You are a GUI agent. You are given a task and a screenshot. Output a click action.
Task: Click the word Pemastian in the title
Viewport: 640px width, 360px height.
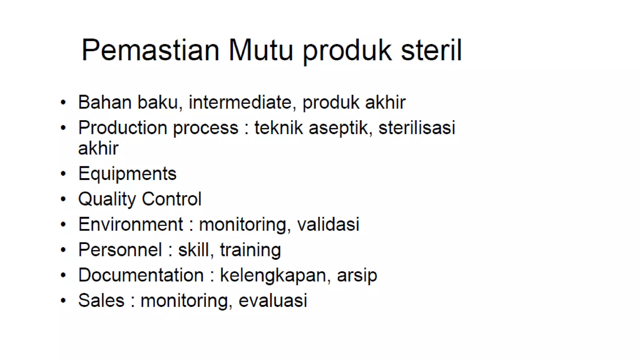click(x=150, y=50)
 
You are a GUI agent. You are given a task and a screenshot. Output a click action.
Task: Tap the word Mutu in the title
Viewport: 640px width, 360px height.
click(x=261, y=50)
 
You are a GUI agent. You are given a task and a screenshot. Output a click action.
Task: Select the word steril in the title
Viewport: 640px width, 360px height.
click(x=431, y=50)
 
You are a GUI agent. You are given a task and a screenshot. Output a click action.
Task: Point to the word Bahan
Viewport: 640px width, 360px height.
click(x=105, y=102)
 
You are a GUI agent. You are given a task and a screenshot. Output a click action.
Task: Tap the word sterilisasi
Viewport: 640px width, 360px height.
click(x=417, y=128)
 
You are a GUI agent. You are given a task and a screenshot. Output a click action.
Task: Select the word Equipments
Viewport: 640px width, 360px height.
click(x=127, y=174)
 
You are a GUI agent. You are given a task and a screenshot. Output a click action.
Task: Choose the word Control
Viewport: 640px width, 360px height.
click(x=172, y=199)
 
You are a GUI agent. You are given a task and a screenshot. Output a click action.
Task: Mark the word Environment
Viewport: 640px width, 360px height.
click(x=131, y=224)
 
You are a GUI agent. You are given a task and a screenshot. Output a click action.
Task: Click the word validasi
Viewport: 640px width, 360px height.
click(x=328, y=224)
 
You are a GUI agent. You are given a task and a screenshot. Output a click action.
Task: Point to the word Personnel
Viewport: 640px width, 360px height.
click(x=120, y=250)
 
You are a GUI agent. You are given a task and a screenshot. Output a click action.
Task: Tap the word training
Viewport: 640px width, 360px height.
click(x=250, y=250)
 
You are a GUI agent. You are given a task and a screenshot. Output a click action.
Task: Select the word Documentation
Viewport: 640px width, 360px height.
click(x=141, y=275)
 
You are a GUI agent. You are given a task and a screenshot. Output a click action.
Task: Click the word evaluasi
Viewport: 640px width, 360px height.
click(x=273, y=300)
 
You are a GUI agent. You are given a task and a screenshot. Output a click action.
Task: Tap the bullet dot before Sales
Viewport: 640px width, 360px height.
click(x=63, y=301)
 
